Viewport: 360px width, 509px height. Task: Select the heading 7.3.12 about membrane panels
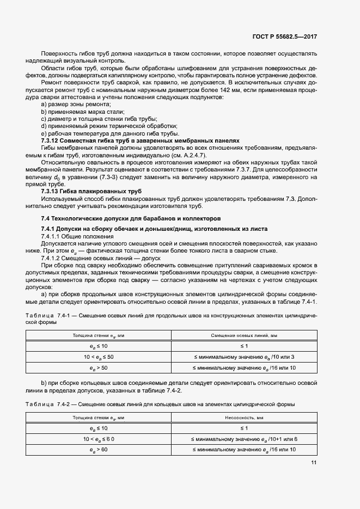(141, 140)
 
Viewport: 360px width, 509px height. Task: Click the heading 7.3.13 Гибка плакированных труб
(84, 192)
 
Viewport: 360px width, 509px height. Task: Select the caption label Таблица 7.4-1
(39, 316)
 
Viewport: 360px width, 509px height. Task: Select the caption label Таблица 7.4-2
(39, 404)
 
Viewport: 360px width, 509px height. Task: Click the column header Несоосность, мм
(245, 418)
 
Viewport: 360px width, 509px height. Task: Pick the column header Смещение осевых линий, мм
(245, 335)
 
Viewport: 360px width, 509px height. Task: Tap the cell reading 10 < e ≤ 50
(99, 357)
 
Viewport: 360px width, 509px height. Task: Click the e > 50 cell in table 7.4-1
(99, 368)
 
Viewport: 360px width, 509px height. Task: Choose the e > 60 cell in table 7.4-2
(99, 450)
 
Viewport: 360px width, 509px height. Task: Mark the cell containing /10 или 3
(245, 357)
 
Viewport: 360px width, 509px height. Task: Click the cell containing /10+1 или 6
(245, 439)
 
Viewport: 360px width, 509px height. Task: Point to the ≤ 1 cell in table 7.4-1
(245, 346)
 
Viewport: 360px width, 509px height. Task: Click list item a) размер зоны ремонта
(76, 103)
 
